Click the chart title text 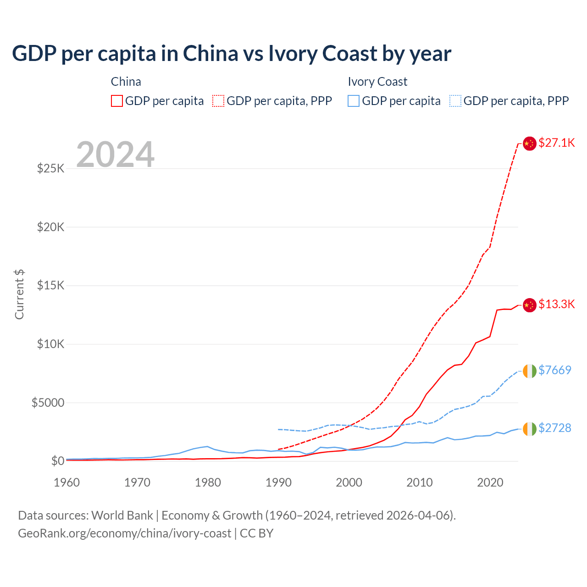232,53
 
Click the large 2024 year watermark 115,155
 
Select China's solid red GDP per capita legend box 117,101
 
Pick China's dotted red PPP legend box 218,101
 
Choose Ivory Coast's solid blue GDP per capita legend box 354,101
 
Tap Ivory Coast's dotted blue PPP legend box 455,101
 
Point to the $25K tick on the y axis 51,168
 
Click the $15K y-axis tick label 51,285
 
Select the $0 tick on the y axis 57,461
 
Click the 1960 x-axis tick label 67,482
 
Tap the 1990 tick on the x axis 279,482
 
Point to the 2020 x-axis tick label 490,482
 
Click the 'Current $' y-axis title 19,294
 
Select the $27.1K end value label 556,143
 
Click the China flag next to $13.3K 530,305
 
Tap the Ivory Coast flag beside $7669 530,371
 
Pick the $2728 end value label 554,428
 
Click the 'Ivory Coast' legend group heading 377,82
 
